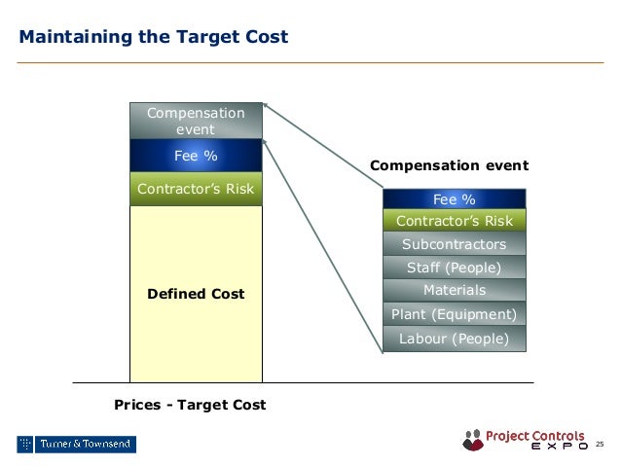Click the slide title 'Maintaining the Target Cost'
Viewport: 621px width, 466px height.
pyautogui.click(x=153, y=38)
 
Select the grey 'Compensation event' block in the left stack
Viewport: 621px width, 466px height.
pyautogui.click(x=196, y=121)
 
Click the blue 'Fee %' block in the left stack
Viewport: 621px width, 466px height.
pyautogui.click(x=196, y=155)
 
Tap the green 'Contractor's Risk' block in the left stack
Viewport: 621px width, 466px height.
pyautogui.click(x=196, y=189)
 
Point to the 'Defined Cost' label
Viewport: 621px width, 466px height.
pyautogui.click(x=196, y=293)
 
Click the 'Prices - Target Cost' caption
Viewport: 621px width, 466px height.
pyautogui.click(x=190, y=404)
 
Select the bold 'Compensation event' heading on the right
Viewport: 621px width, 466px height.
pyautogui.click(x=450, y=165)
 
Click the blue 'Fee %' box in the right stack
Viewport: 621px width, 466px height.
pyautogui.click(x=454, y=199)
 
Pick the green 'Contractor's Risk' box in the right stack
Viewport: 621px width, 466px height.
pyautogui.click(x=454, y=221)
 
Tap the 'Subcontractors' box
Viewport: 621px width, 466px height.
pyautogui.click(x=454, y=244)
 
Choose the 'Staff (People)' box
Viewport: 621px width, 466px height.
pyautogui.click(x=454, y=268)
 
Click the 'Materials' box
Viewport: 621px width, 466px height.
pyautogui.click(x=454, y=290)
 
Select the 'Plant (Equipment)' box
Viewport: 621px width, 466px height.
pyautogui.click(x=454, y=314)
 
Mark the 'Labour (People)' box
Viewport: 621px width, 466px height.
pyautogui.click(x=454, y=339)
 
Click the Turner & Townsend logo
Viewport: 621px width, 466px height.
pyautogui.click(x=76, y=445)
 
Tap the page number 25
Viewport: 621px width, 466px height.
pyautogui.click(x=600, y=445)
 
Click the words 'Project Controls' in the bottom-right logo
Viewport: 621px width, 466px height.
pyautogui.click(x=535, y=435)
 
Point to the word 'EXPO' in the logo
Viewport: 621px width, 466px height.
pyautogui.click(x=558, y=448)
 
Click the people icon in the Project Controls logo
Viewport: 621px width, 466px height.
pyautogui.click(x=473, y=440)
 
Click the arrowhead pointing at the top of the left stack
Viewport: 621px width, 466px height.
pyautogui.click(x=267, y=106)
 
